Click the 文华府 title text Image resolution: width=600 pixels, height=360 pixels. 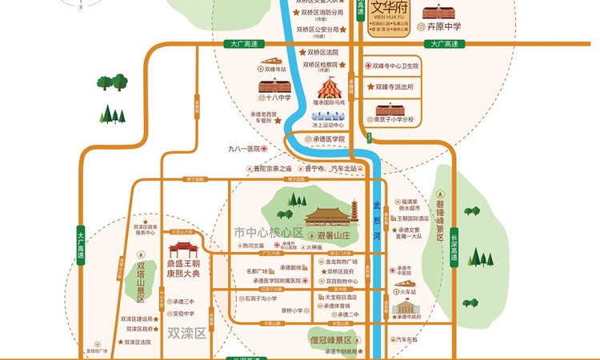[390, 10]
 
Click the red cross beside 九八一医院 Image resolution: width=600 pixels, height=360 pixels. [263, 149]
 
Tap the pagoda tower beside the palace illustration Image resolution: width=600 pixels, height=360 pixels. [354, 212]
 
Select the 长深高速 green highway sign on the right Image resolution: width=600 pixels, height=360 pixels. [453, 246]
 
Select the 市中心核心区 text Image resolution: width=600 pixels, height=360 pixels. [269, 232]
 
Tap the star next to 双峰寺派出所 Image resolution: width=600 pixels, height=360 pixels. [368, 86]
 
